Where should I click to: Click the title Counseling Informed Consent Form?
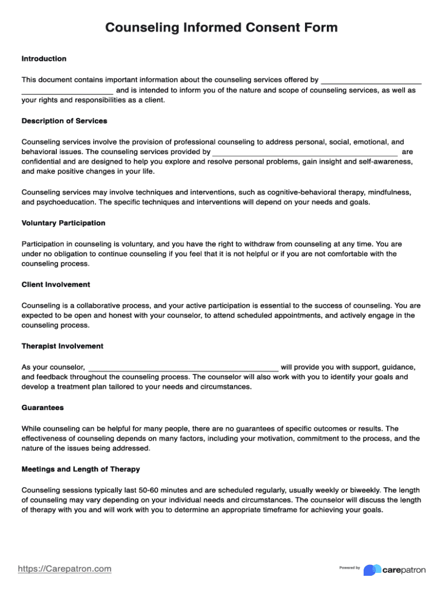(221, 28)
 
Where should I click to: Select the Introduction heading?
(44, 59)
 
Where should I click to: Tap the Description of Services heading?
(64, 121)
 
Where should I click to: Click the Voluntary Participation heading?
(63, 223)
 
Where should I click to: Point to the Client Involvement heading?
(56, 284)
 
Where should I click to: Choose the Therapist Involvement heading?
(62, 346)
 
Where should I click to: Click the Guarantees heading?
(42, 407)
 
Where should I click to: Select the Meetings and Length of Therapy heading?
(81, 469)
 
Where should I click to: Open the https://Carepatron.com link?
(64, 569)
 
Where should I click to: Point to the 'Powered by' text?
(349, 568)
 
